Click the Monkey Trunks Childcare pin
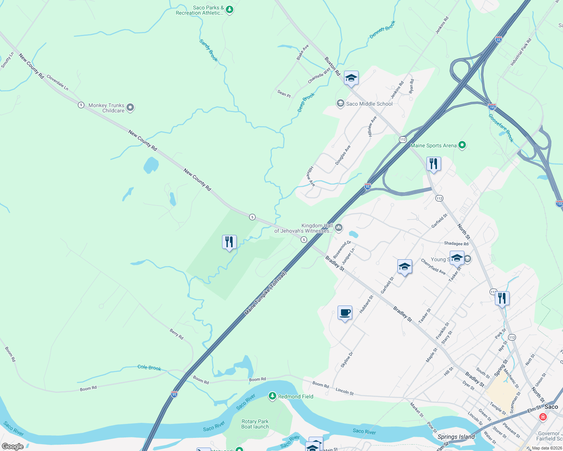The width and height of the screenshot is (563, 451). click(130, 108)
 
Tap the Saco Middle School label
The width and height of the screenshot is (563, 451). click(369, 104)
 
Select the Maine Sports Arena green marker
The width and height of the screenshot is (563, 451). click(463, 145)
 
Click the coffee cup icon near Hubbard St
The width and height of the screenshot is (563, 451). click(345, 313)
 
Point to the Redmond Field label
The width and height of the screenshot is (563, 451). click(295, 397)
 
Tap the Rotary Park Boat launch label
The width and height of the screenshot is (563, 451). click(255, 424)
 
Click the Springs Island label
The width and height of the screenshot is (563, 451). click(456, 437)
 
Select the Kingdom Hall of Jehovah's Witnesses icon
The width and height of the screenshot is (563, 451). click(339, 227)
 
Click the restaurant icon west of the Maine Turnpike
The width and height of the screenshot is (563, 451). click(229, 242)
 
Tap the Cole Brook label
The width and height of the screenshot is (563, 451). click(149, 368)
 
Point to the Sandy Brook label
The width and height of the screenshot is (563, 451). click(208, 50)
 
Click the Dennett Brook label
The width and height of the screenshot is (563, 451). click(382, 30)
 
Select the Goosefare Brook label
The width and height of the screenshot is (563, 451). click(501, 128)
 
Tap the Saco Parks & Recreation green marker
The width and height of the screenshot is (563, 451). click(229, 9)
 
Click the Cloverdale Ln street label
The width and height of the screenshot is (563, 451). click(58, 83)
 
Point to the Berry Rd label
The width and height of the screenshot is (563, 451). click(177, 334)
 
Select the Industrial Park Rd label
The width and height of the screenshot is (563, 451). click(521, 52)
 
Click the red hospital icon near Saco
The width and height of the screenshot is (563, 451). click(543, 417)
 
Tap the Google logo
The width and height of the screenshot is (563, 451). click(13, 446)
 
